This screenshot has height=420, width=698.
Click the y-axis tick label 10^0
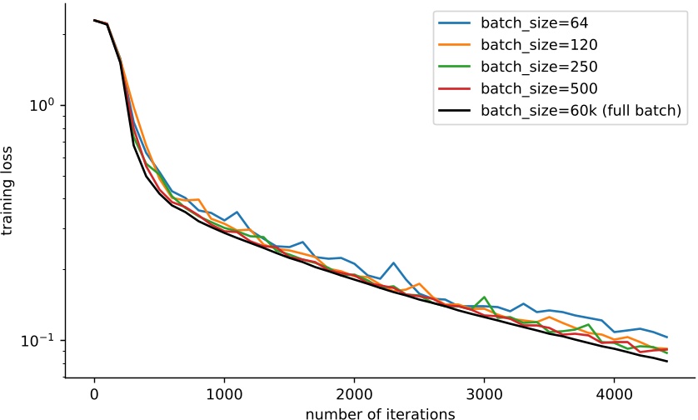[x=42, y=106]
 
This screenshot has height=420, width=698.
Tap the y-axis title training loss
[x=9, y=200]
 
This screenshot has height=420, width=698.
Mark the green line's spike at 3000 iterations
[x=485, y=297]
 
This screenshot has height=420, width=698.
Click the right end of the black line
[x=667, y=362]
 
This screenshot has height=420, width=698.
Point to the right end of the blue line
[x=667, y=337]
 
